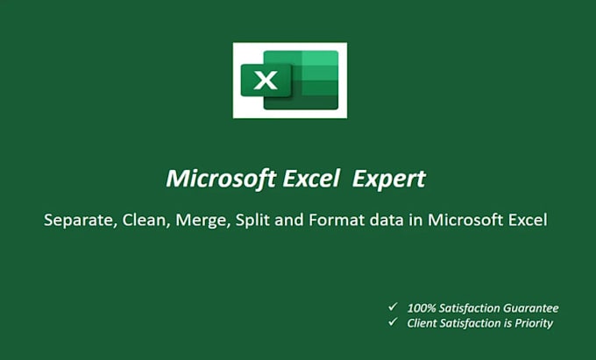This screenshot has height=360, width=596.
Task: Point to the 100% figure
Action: click(x=422, y=308)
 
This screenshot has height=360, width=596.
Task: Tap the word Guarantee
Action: click(x=529, y=308)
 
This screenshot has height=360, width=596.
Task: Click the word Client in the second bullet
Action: click(x=423, y=323)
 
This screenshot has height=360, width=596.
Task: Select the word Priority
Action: click(x=530, y=323)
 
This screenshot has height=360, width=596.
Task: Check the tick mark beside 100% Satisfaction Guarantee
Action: click(x=392, y=307)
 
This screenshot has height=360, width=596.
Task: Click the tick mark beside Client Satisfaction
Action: click(x=392, y=322)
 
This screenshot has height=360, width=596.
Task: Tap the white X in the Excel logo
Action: click(x=266, y=81)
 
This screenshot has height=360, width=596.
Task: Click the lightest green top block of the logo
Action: click(x=319, y=58)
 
